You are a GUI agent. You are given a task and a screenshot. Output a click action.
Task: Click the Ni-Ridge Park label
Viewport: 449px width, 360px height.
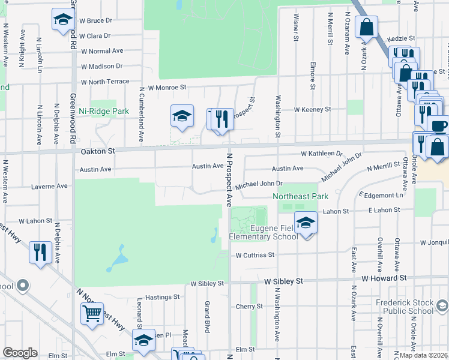tap(104, 112)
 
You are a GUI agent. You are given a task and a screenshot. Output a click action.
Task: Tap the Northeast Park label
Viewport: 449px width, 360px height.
tap(301, 196)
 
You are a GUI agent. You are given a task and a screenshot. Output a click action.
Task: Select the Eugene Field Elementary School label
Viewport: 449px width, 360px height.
tap(264, 232)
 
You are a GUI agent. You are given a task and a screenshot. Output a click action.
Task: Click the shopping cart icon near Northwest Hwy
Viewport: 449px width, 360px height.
tap(92, 313)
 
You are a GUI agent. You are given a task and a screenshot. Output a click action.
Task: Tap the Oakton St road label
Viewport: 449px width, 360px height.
tap(97, 153)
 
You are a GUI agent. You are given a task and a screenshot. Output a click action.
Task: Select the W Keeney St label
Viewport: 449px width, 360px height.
tap(312, 110)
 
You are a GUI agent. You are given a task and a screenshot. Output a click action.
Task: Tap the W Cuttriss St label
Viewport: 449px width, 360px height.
tap(255, 255)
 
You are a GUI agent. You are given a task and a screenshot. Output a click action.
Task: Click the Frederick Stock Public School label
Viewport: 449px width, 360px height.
tap(404, 307)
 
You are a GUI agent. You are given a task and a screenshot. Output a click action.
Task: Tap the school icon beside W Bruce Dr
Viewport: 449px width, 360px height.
tap(62, 20)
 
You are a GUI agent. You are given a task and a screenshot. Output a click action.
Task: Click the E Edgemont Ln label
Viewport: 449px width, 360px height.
tap(381, 196)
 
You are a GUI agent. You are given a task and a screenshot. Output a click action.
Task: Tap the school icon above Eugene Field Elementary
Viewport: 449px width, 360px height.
tap(306, 223)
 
